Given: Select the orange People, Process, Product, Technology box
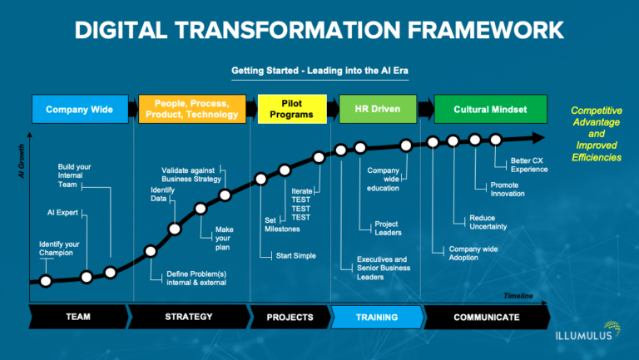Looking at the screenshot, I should [x=193, y=109].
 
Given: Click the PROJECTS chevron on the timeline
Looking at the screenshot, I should [x=290, y=317].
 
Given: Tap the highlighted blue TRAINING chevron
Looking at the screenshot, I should [x=376, y=317].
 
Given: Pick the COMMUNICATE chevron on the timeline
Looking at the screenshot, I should [x=486, y=317].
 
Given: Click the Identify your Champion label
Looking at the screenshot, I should [x=59, y=247].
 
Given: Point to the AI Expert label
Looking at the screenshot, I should [x=63, y=212].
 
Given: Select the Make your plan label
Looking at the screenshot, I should [x=224, y=238].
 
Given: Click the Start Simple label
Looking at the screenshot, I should [x=296, y=255].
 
